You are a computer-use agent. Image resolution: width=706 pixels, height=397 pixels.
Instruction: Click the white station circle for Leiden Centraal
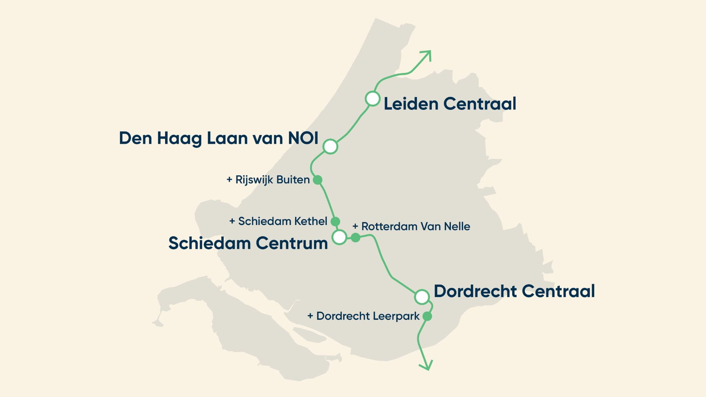pos(372,99)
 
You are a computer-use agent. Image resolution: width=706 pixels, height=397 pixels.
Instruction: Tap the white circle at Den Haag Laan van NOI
pos(330,146)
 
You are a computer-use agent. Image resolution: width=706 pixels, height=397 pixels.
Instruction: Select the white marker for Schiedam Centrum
pos(339,237)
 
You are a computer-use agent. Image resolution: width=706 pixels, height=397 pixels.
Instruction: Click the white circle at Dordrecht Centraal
pos(422,296)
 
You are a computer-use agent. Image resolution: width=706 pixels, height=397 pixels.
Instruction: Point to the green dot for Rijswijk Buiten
pos(318,180)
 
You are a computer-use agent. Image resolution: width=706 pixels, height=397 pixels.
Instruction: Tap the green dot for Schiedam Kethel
pos(335,221)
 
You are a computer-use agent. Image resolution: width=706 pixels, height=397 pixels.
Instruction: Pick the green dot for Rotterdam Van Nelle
pos(355,237)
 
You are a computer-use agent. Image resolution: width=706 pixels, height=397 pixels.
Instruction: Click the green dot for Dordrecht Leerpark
pos(427,316)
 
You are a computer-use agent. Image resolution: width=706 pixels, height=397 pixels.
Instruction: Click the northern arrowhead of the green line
pos(428,54)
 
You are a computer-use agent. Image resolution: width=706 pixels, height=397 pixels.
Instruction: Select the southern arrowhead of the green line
pos(427,367)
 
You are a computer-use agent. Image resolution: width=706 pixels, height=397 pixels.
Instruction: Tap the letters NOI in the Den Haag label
pos(303,138)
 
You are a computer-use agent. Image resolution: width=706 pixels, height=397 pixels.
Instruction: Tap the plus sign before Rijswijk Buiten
pos(229,180)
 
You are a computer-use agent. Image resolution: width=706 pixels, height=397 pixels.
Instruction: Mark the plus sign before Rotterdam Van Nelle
pos(355,226)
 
